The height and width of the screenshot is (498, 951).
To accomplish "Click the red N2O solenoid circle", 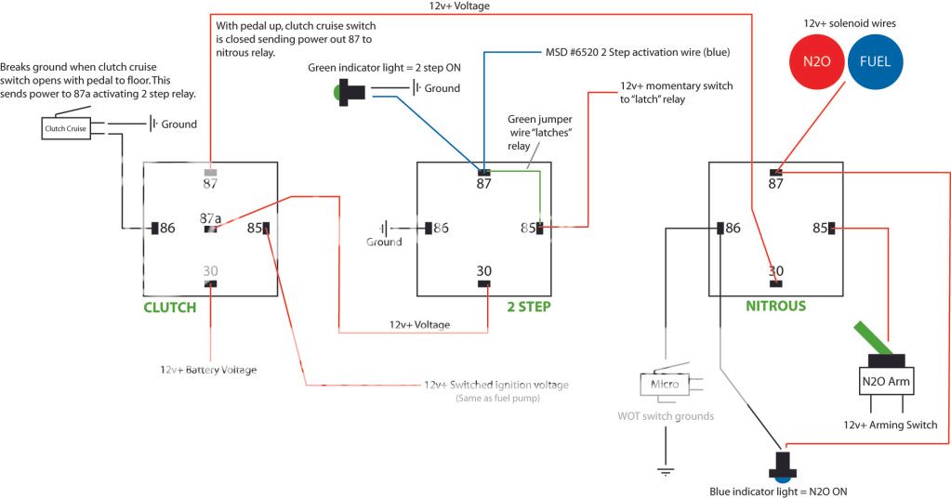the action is click(816, 62).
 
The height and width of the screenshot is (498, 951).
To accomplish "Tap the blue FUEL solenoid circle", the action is click(875, 62).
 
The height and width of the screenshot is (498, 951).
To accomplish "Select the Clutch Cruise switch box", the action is click(65, 128).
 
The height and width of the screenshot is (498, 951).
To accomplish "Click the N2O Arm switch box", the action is click(886, 382).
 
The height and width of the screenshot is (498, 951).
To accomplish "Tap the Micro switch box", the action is click(665, 385).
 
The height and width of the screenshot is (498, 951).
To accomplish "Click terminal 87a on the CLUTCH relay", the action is click(210, 229).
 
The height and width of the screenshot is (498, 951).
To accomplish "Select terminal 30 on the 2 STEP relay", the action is click(484, 283).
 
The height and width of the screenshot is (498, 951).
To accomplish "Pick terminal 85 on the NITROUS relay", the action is click(831, 228).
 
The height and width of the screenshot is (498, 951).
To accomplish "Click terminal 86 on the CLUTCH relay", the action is click(154, 228).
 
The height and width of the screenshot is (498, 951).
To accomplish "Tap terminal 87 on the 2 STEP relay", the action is click(484, 173).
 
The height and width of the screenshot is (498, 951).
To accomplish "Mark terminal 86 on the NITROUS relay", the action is click(720, 228).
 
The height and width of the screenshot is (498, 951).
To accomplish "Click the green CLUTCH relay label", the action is click(170, 308).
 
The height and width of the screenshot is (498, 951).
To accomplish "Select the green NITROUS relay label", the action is click(775, 306).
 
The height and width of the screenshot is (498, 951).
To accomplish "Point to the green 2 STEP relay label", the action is click(529, 307).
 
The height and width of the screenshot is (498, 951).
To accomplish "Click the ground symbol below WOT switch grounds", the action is click(666, 471).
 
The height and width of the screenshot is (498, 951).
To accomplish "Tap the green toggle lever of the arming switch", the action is click(872, 338).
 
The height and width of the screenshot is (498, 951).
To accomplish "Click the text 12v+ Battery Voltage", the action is click(208, 370).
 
